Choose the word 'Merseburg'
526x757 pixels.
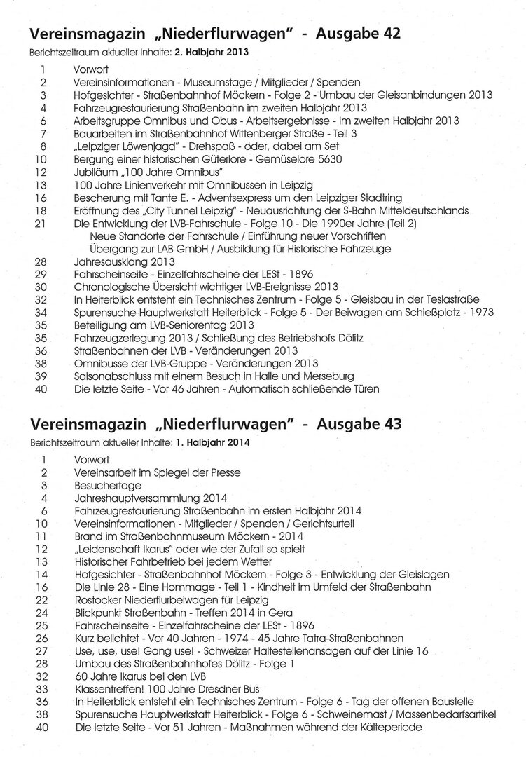coord(328,376)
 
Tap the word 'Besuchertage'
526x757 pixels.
coord(107,485)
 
